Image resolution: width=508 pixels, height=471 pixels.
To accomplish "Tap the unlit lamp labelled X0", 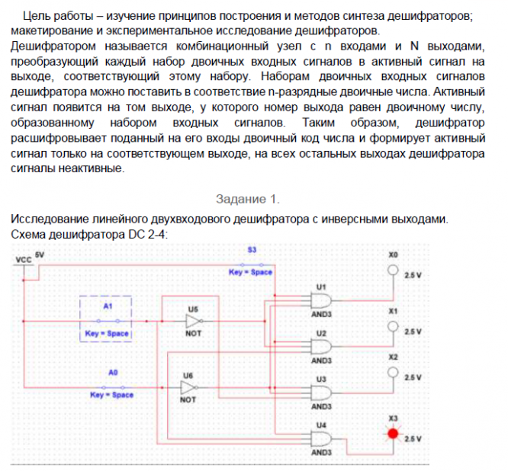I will click(x=394, y=271).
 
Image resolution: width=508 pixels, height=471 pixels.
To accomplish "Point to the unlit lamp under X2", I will click(x=394, y=373).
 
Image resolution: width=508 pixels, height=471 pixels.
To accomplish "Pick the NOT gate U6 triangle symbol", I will click(x=188, y=387).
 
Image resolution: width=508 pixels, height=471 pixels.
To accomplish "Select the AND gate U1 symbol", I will click(x=320, y=300).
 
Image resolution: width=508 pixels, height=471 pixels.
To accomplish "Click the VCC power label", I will click(x=24, y=261).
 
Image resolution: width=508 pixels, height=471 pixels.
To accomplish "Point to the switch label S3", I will click(x=252, y=250).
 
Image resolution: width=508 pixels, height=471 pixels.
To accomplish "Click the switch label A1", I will click(x=108, y=305).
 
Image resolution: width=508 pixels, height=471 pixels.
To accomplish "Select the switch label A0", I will click(x=113, y=372).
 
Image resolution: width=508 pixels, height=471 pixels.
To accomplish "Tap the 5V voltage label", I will click(x=40, y=254).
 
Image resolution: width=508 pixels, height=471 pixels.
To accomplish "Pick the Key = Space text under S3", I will click(x=251, y=272).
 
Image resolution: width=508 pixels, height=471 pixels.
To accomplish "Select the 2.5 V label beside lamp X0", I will click(x=413, y=275).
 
